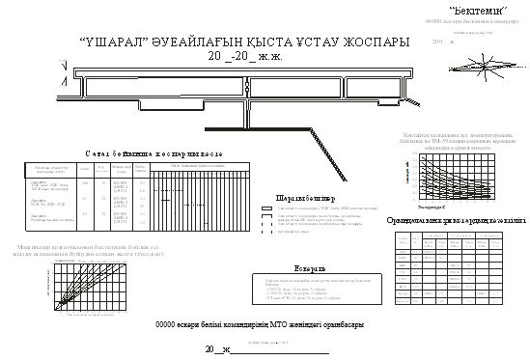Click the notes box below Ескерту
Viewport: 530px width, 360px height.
317,288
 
